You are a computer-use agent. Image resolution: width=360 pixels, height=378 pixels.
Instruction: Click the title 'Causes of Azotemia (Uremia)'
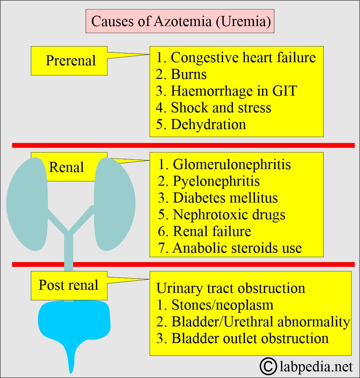(181, 21)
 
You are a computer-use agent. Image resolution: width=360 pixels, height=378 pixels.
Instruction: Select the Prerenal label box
(69, 61)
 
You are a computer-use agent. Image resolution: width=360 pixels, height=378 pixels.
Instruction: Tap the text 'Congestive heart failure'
(243, 58)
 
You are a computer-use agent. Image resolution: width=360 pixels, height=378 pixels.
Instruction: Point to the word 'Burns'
(189, 74)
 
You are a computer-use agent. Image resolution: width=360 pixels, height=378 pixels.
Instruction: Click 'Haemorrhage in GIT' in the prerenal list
(234, 91)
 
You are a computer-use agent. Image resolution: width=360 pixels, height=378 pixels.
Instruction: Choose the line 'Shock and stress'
(221, 107)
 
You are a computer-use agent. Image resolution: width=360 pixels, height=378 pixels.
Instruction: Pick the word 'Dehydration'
(208, 124)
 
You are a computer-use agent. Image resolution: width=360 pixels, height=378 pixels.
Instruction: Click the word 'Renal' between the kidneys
(67, 167)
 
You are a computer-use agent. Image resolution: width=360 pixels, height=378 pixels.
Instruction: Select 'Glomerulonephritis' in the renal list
(231, 165)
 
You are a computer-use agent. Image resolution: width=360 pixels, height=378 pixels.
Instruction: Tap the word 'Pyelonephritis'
(216, 181)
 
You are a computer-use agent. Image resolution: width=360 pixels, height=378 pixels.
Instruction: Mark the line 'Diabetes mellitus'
(225, 198)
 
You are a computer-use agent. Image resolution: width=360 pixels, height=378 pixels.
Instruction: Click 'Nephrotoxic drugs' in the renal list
(229, 215)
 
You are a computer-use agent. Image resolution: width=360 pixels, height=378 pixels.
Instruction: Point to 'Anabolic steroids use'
(237, 248)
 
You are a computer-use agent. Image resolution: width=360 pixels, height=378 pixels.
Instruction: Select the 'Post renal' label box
(69, 286)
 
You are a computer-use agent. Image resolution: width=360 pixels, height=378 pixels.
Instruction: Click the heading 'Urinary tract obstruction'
(231, 288)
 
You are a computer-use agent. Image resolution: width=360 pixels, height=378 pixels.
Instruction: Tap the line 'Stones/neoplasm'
(222, 305)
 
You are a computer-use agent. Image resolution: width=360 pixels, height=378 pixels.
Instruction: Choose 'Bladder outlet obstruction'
(250, 338)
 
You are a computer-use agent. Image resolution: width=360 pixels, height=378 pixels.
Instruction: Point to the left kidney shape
(27, 204)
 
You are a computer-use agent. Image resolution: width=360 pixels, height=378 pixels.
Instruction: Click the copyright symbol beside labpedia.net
(268, 367)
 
